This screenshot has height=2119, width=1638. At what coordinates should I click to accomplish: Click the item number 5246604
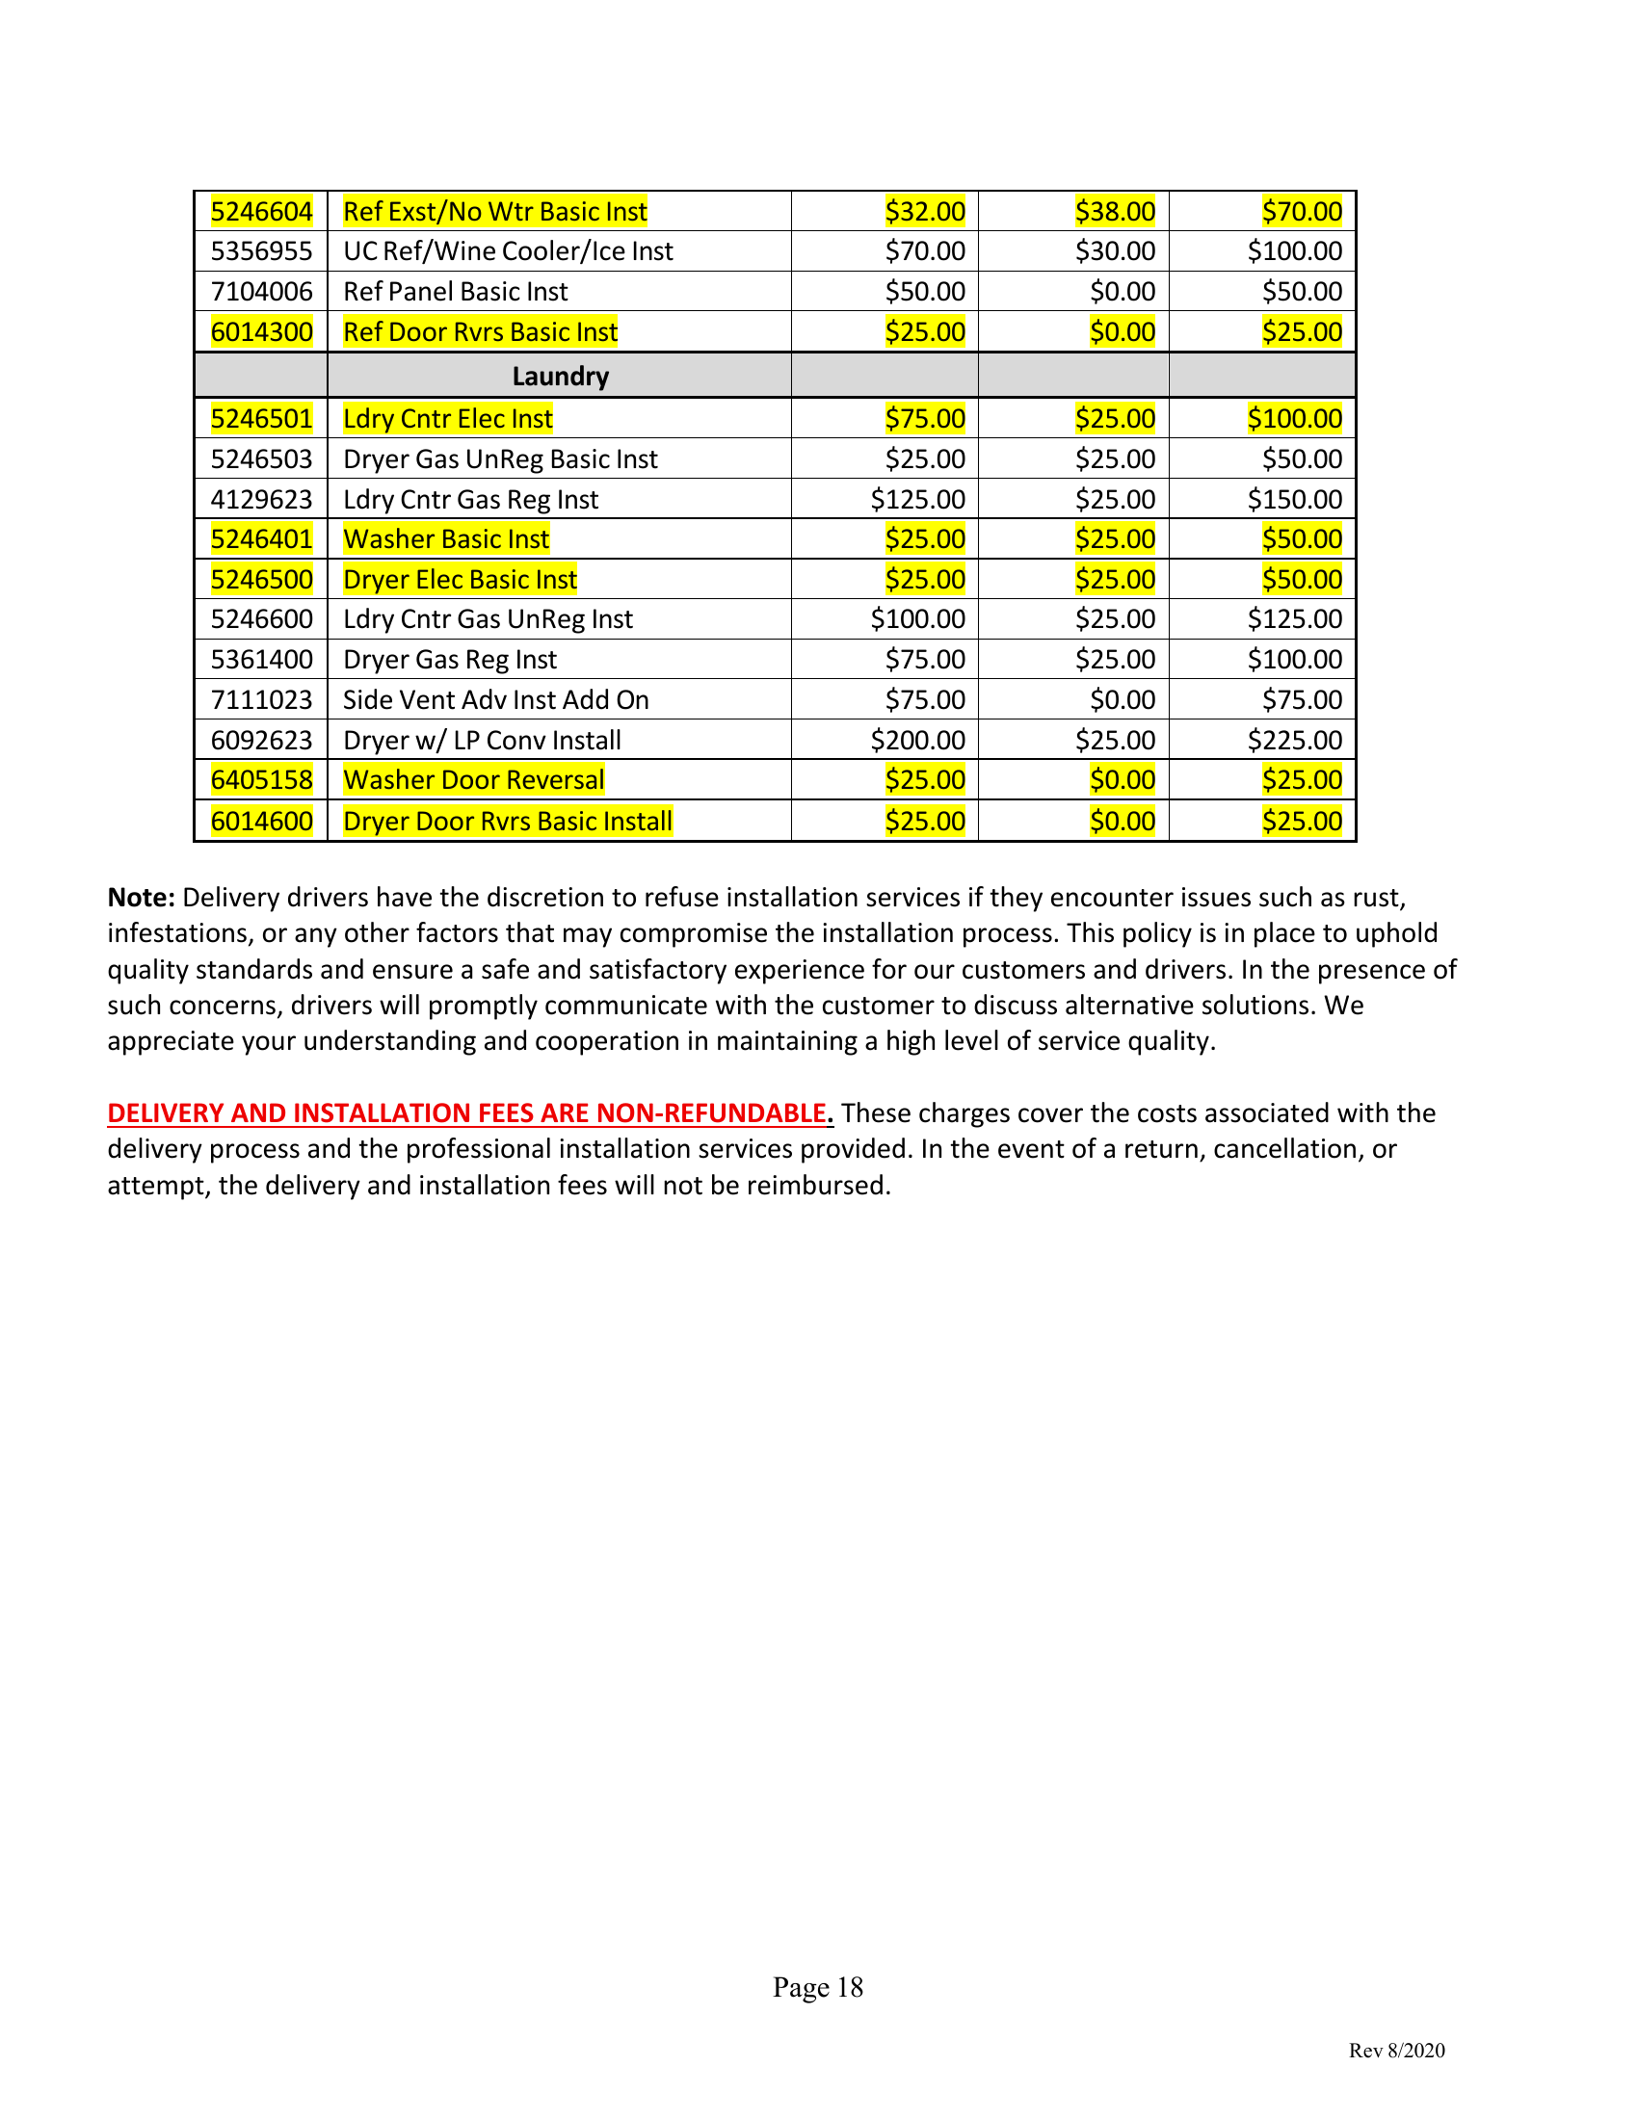(x=261, y=212)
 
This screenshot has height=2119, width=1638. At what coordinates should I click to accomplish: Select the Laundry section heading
(x=560, y=376)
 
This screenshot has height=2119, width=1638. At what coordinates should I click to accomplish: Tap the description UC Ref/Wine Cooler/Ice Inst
(x=508, y=251)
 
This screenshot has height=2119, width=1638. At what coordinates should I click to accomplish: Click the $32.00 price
(x=925, y=212)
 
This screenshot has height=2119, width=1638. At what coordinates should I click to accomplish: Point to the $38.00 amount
(x=1115, y=212)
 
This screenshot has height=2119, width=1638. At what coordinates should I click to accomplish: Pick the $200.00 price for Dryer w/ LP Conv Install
(x=917, y=741)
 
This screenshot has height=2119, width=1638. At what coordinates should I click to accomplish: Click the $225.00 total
(x=1294, y=741)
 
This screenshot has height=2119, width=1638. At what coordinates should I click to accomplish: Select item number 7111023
(x=261, y=699)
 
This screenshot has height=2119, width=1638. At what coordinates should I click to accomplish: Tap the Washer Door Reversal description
(x=473, y=780)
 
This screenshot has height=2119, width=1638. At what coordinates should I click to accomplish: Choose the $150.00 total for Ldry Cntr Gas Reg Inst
(x=1294, y=500)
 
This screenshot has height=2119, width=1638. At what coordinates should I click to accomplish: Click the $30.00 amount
(x=1115, y=251)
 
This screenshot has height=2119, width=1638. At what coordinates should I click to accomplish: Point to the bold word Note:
(x=141, y=898)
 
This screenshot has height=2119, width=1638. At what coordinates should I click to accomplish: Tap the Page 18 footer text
(x=818, y=1987)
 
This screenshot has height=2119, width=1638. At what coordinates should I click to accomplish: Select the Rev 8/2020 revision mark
(x=1396, y=2050)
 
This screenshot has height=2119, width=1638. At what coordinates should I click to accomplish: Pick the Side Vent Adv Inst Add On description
(x=496, y=699)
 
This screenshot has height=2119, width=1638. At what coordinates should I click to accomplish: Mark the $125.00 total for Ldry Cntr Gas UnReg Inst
(x=1294, y=619)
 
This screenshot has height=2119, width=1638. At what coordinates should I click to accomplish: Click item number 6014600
(x=261, y=821)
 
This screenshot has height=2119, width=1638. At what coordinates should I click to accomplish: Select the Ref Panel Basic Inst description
(x=455, y=292)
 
